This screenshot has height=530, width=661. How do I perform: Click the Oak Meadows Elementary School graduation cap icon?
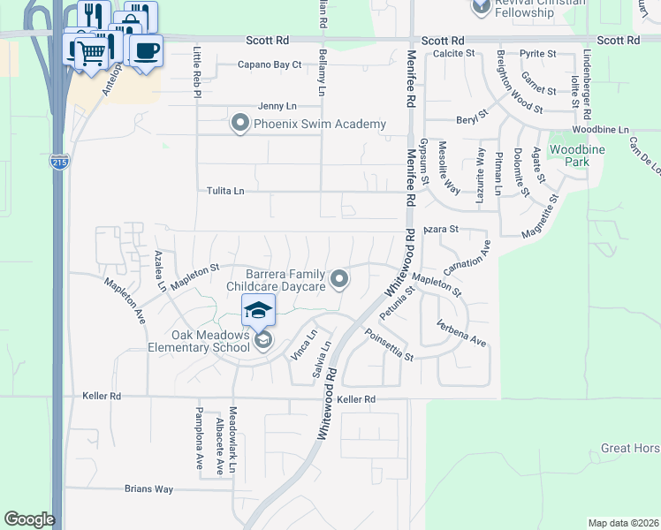point(258,310)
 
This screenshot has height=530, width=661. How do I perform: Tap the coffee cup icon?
point(147,49)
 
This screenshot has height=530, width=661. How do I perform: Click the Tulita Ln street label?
point(225,191)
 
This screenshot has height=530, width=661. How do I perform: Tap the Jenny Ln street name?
point(277,106)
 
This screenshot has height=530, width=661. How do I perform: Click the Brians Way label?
point(148,488)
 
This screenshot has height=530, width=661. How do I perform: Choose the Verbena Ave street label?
point(460,334)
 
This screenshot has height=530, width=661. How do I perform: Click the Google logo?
point(29,519)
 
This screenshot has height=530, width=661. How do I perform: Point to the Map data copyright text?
point(624,523)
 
